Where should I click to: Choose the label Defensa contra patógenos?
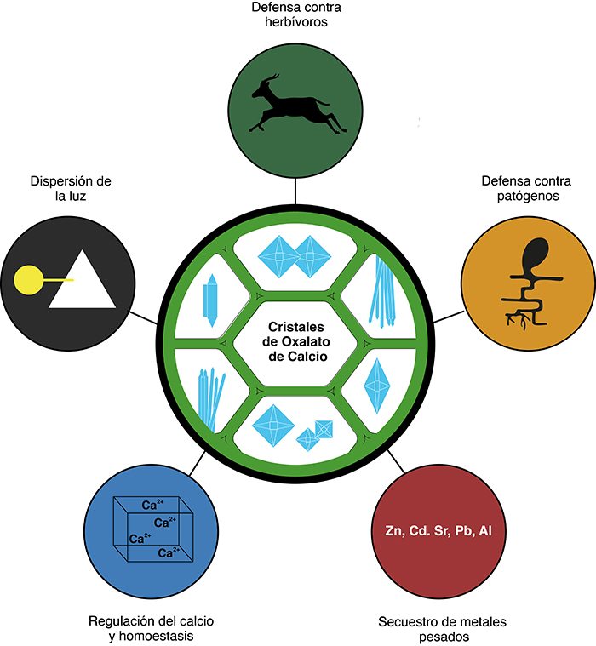pyautogui.click(x=520, y=189)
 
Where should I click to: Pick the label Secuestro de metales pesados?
pyautogui.click(x=442, y=629)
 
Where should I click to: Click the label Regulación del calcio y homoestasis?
pyautogui.click(x=148, y=628)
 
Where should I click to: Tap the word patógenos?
pyautogui.click(x=520, y=197)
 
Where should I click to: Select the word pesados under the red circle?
pyautogui.click(x=442, y=637)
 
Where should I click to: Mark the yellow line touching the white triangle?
pyautogui.click(x=55, y=278)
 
